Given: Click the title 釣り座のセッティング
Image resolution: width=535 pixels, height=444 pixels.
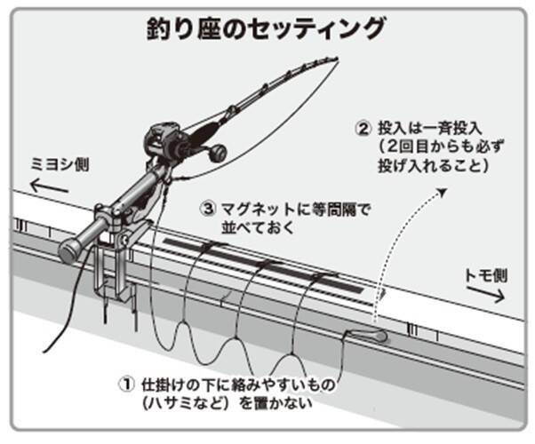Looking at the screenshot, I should tap(266, 29).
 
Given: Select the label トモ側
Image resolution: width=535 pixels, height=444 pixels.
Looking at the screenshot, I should tap(485, 274).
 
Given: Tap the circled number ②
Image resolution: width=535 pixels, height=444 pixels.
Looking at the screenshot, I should tap(362, 128).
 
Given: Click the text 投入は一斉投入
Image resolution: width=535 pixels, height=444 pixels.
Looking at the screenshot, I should tap(422, 128).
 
